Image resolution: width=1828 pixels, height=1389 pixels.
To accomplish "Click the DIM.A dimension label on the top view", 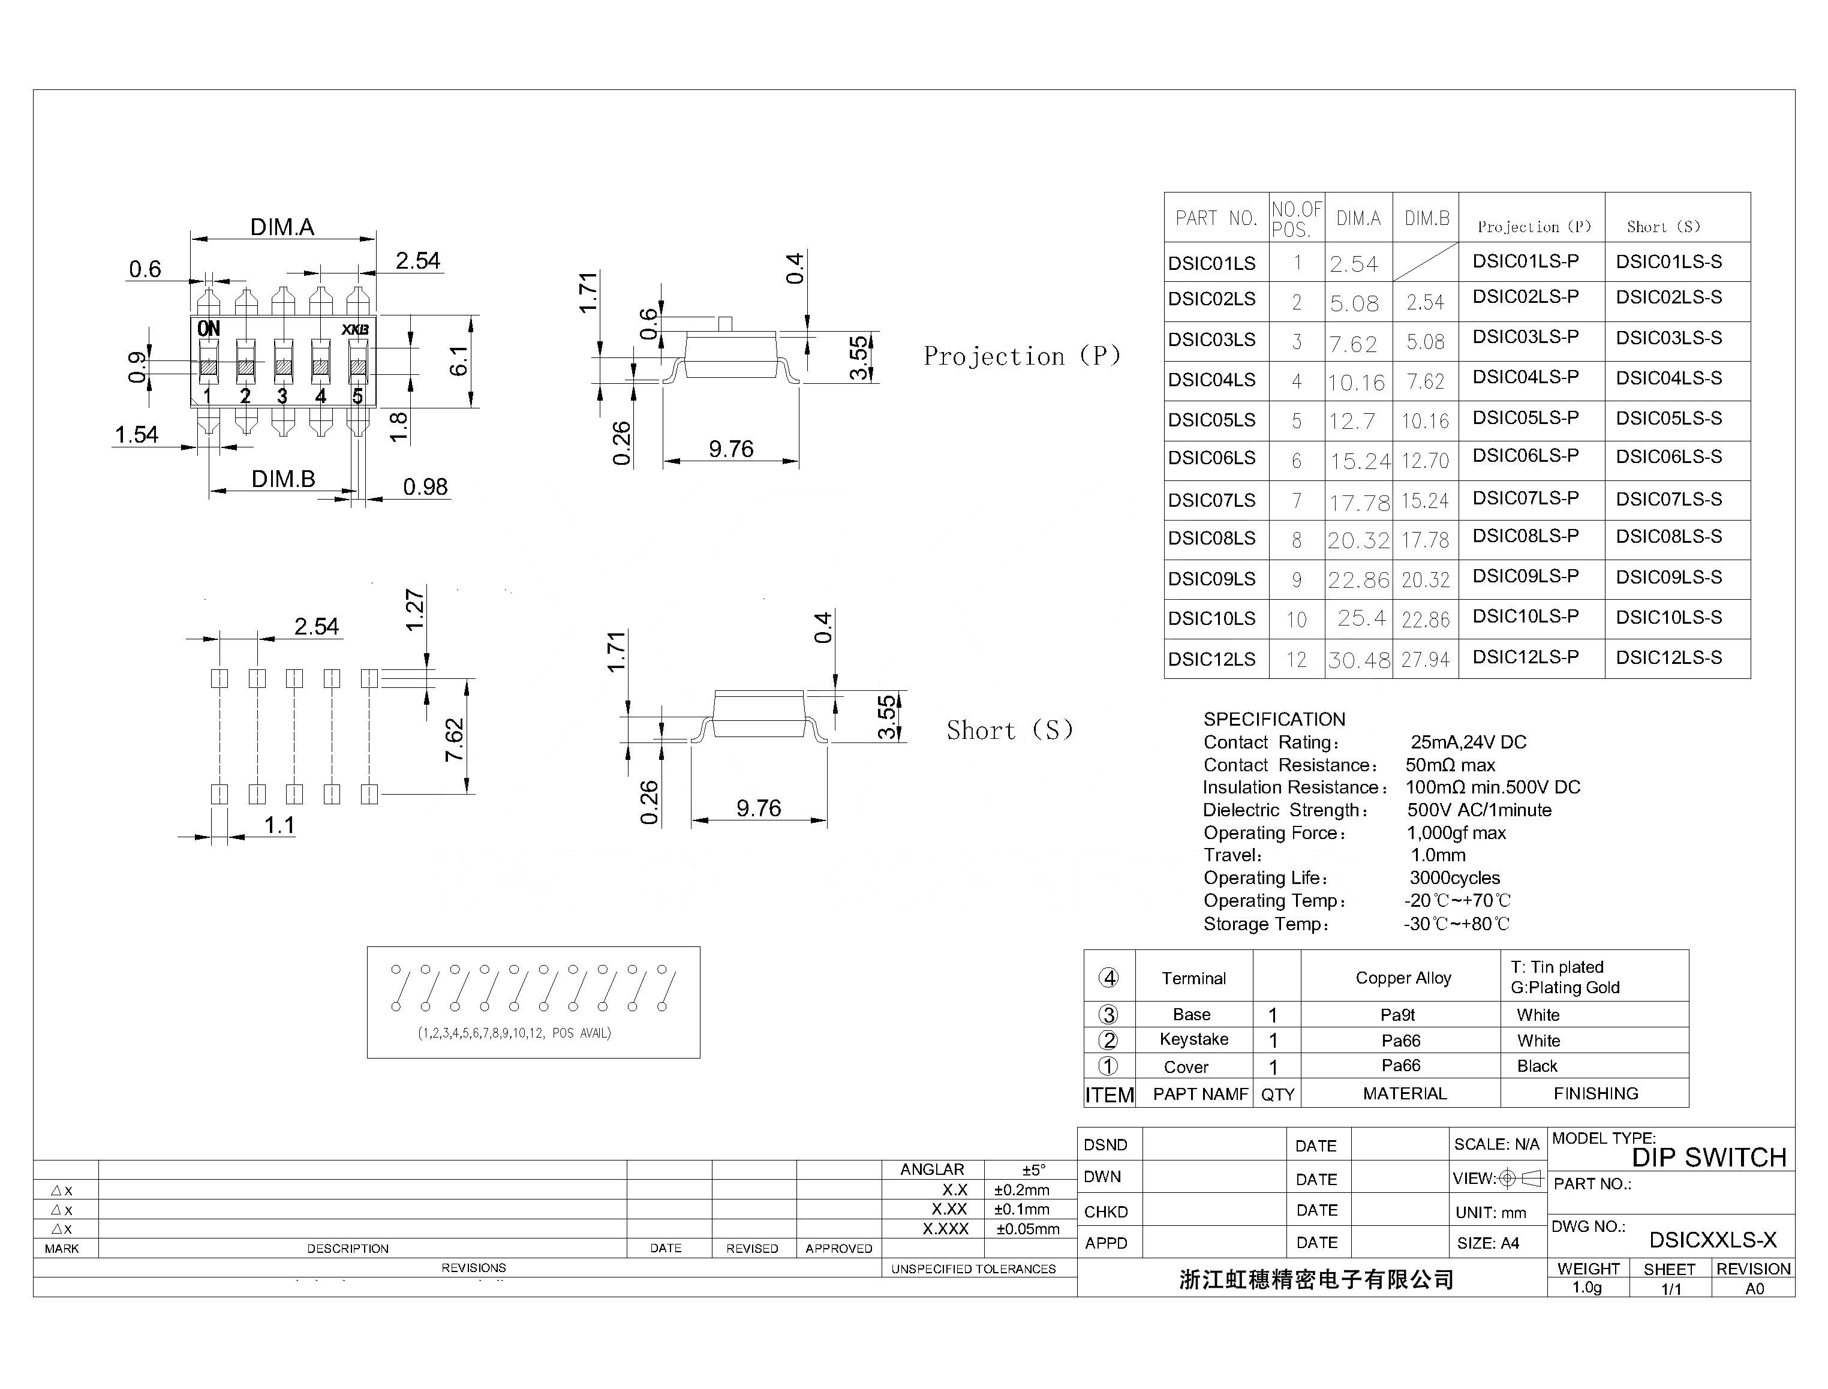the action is pos(282,227).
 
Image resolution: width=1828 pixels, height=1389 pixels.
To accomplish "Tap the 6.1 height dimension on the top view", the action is pos(459,360).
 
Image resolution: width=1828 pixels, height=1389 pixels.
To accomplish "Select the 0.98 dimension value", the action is pos(425,487).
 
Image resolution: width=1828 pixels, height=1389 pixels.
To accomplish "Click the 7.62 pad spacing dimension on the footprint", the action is pos(455,740).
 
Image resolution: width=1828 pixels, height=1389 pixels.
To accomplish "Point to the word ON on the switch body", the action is pos(208,329).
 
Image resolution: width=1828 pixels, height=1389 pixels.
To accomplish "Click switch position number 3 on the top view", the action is pos(282,397).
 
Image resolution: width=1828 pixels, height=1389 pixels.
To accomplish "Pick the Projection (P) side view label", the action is pos(1022,356).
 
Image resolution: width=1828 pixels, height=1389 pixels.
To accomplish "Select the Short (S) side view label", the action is pos(1009,730).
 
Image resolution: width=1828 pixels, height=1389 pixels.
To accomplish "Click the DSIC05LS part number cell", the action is pos(1211,420).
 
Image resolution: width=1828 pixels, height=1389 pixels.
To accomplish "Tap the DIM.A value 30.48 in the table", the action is pos(1359,660).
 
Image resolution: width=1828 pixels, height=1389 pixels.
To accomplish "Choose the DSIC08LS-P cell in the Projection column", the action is pos(1525,536).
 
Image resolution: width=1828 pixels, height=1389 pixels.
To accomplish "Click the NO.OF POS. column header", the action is pos(1297,219).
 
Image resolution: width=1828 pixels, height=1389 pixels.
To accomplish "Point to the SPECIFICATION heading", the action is pos(1274,719).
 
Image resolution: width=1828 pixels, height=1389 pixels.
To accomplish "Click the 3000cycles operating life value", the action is pos(1454,878).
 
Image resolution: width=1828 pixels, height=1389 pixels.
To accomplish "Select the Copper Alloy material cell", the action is pos(1403,978).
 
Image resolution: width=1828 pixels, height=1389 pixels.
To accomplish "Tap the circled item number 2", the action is pos(1108,1040).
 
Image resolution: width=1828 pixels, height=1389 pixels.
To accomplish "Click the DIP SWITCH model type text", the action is pos(1709,1157).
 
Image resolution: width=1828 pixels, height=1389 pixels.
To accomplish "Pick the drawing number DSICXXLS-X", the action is pos(1712,1239).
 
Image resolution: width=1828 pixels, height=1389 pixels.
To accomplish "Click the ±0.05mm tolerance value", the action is pos(1028,1229).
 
